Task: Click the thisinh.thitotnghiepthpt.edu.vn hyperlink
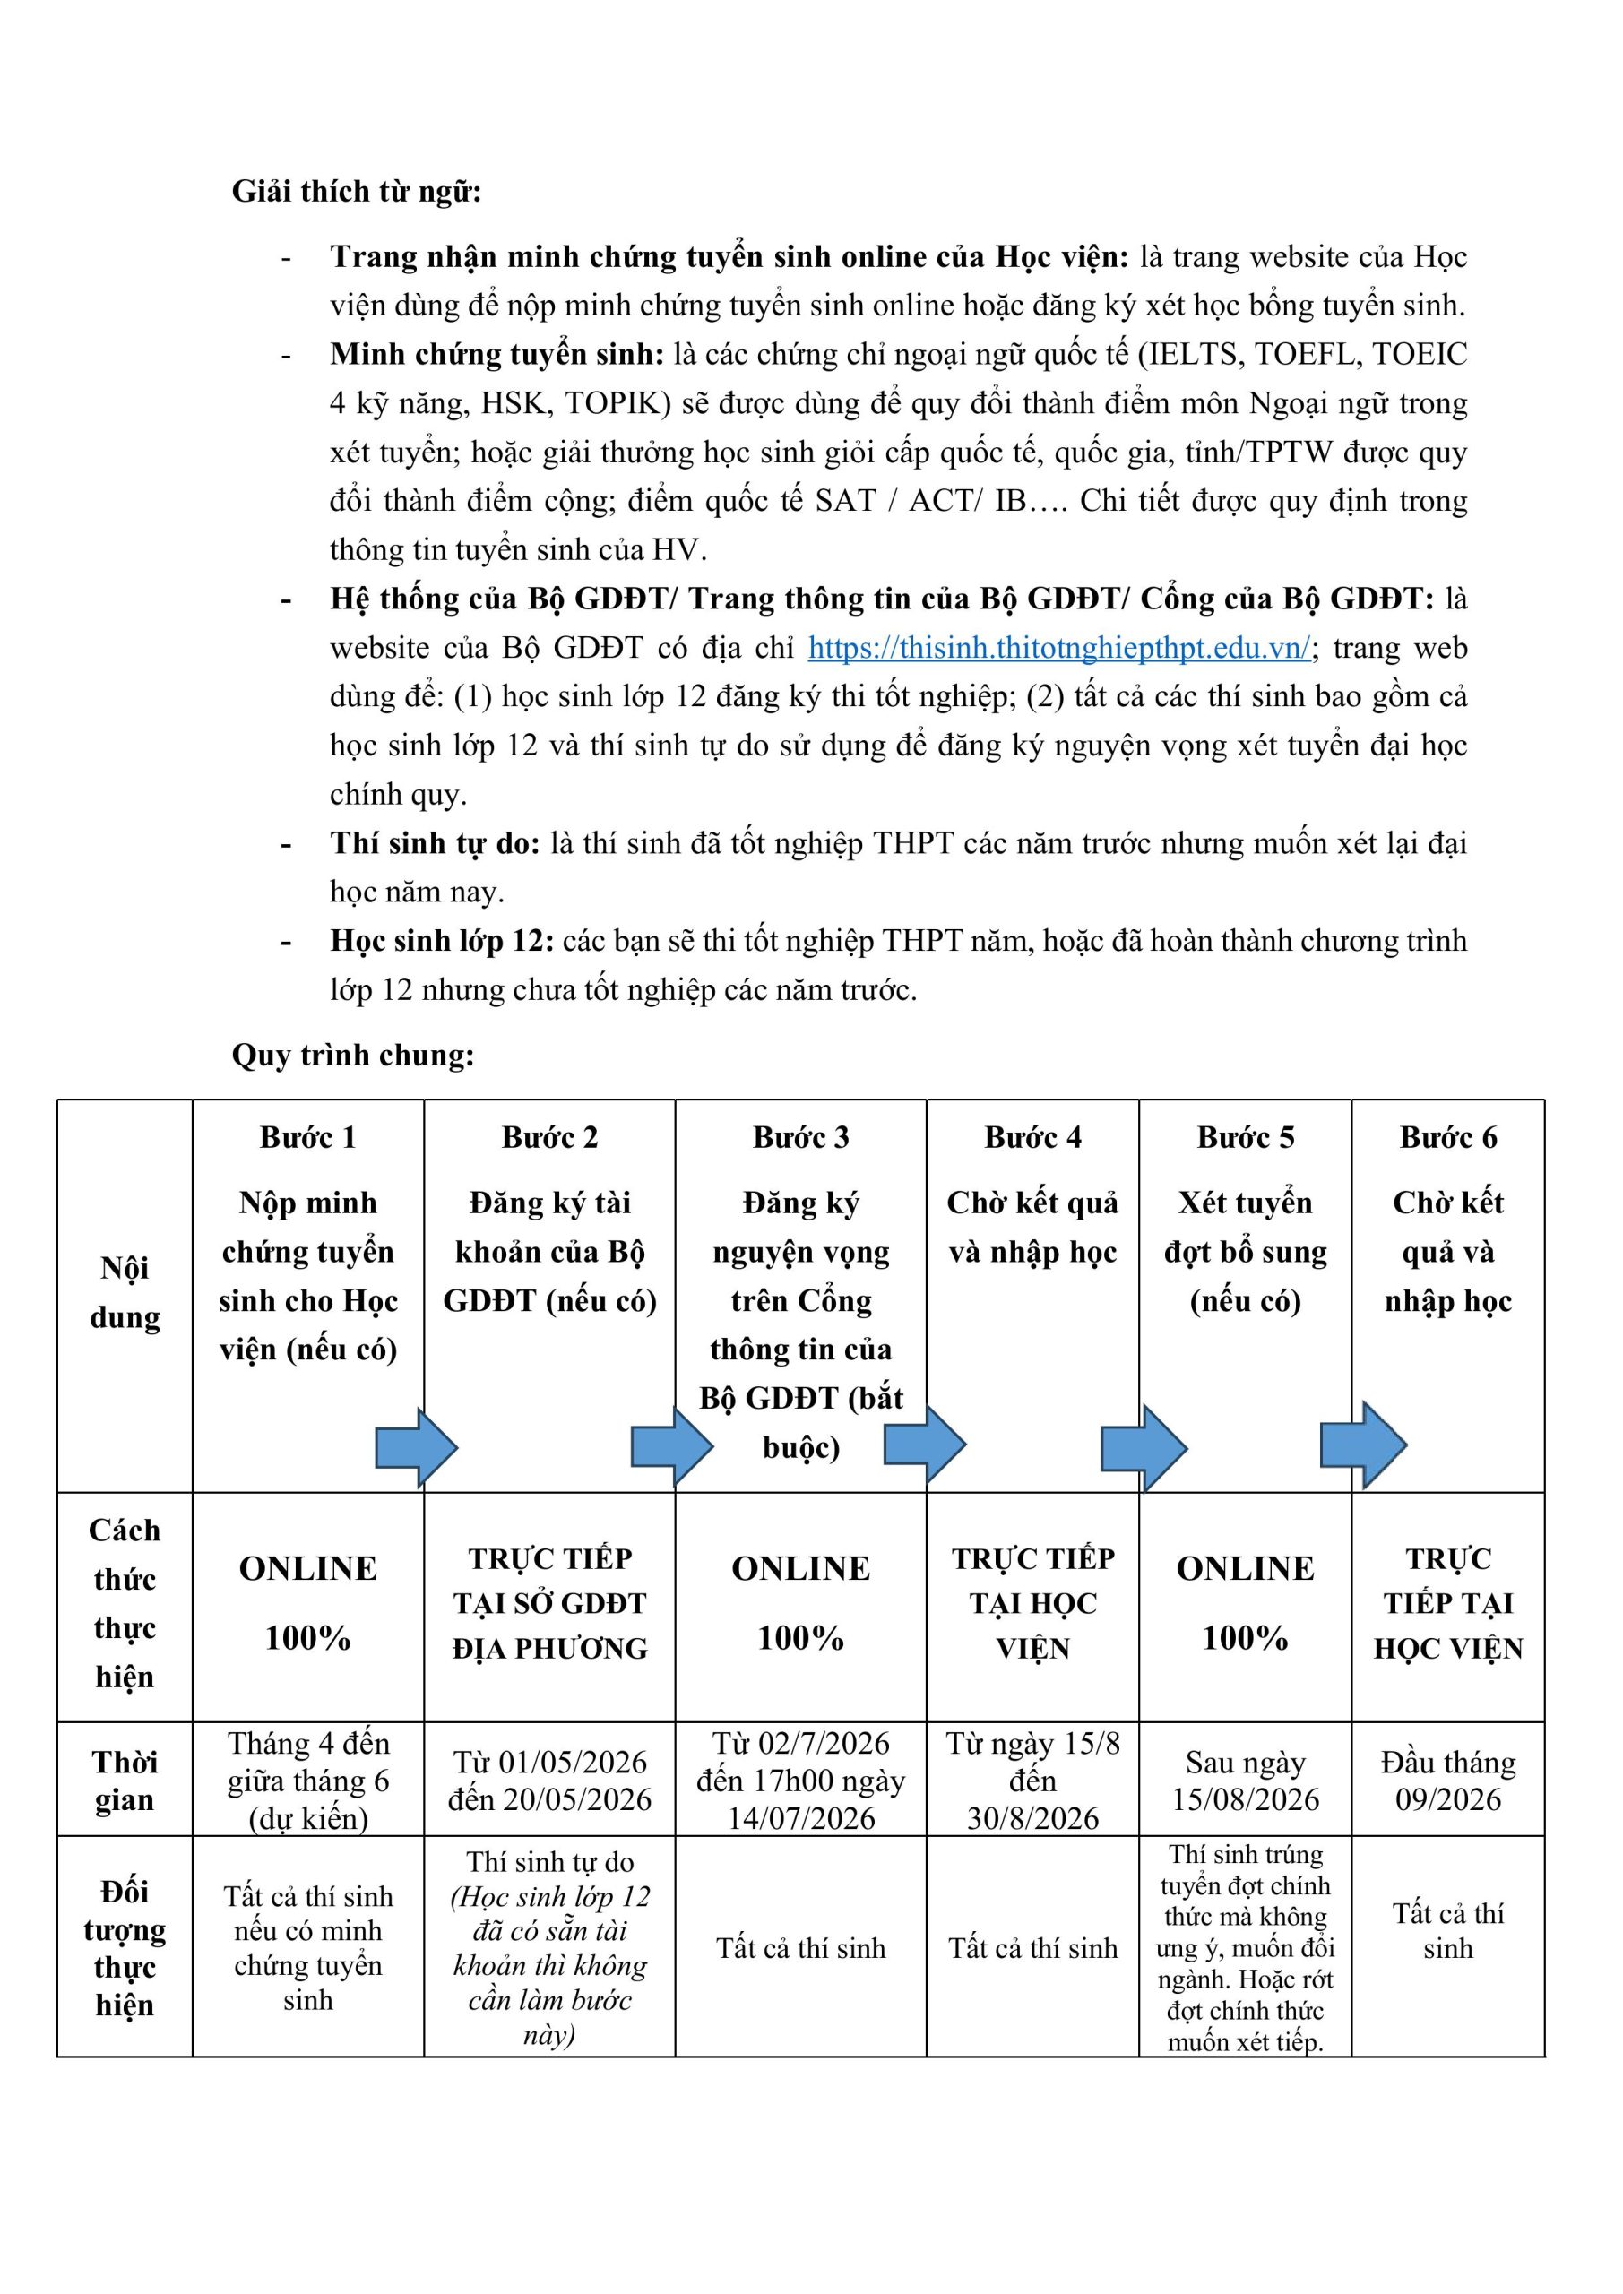[x=1058, y=648]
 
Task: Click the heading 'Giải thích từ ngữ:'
[x=356, y=191]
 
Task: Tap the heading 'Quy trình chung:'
[x=353, y=1055]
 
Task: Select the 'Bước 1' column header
[x=307, y=1137]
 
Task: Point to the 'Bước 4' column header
[x=1032, y=1137]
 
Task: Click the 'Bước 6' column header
[x=1448, y=1137]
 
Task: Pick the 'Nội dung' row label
[x=125, y=1292]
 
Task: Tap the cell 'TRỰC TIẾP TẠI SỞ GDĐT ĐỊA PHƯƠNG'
[x=549, y=1604]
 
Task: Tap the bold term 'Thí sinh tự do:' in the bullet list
[x=435, y=843]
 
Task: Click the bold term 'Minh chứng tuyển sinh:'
[x=496, y=354]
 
